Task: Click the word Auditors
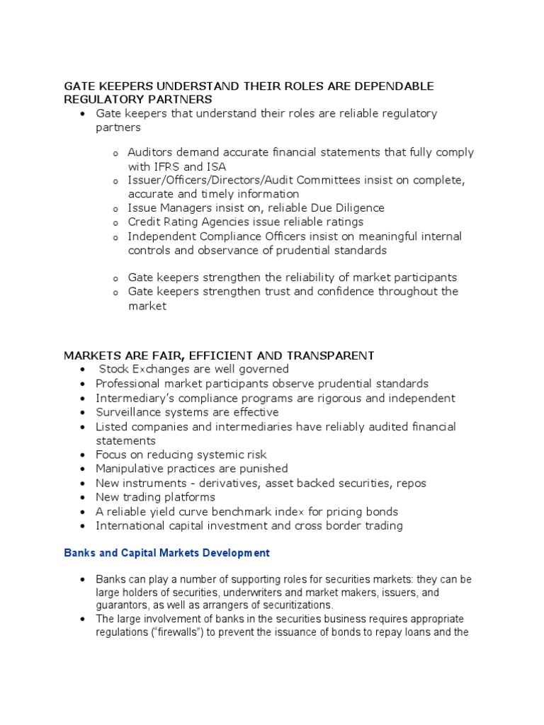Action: pyautogui.click(x=150, y=152)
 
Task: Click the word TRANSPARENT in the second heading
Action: pyautogui.click(x=323, y=355)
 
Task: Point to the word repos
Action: pyautogui.click(x=411, y=483)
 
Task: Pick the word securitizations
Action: pyautogui.click(x=291, y=605)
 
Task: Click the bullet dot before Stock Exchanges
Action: pyautogui.click(x=84, y=370)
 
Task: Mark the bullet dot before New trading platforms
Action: pyautogui.click(x=84, y=497)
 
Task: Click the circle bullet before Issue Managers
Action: pyautogui.click(x=115, y=209)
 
